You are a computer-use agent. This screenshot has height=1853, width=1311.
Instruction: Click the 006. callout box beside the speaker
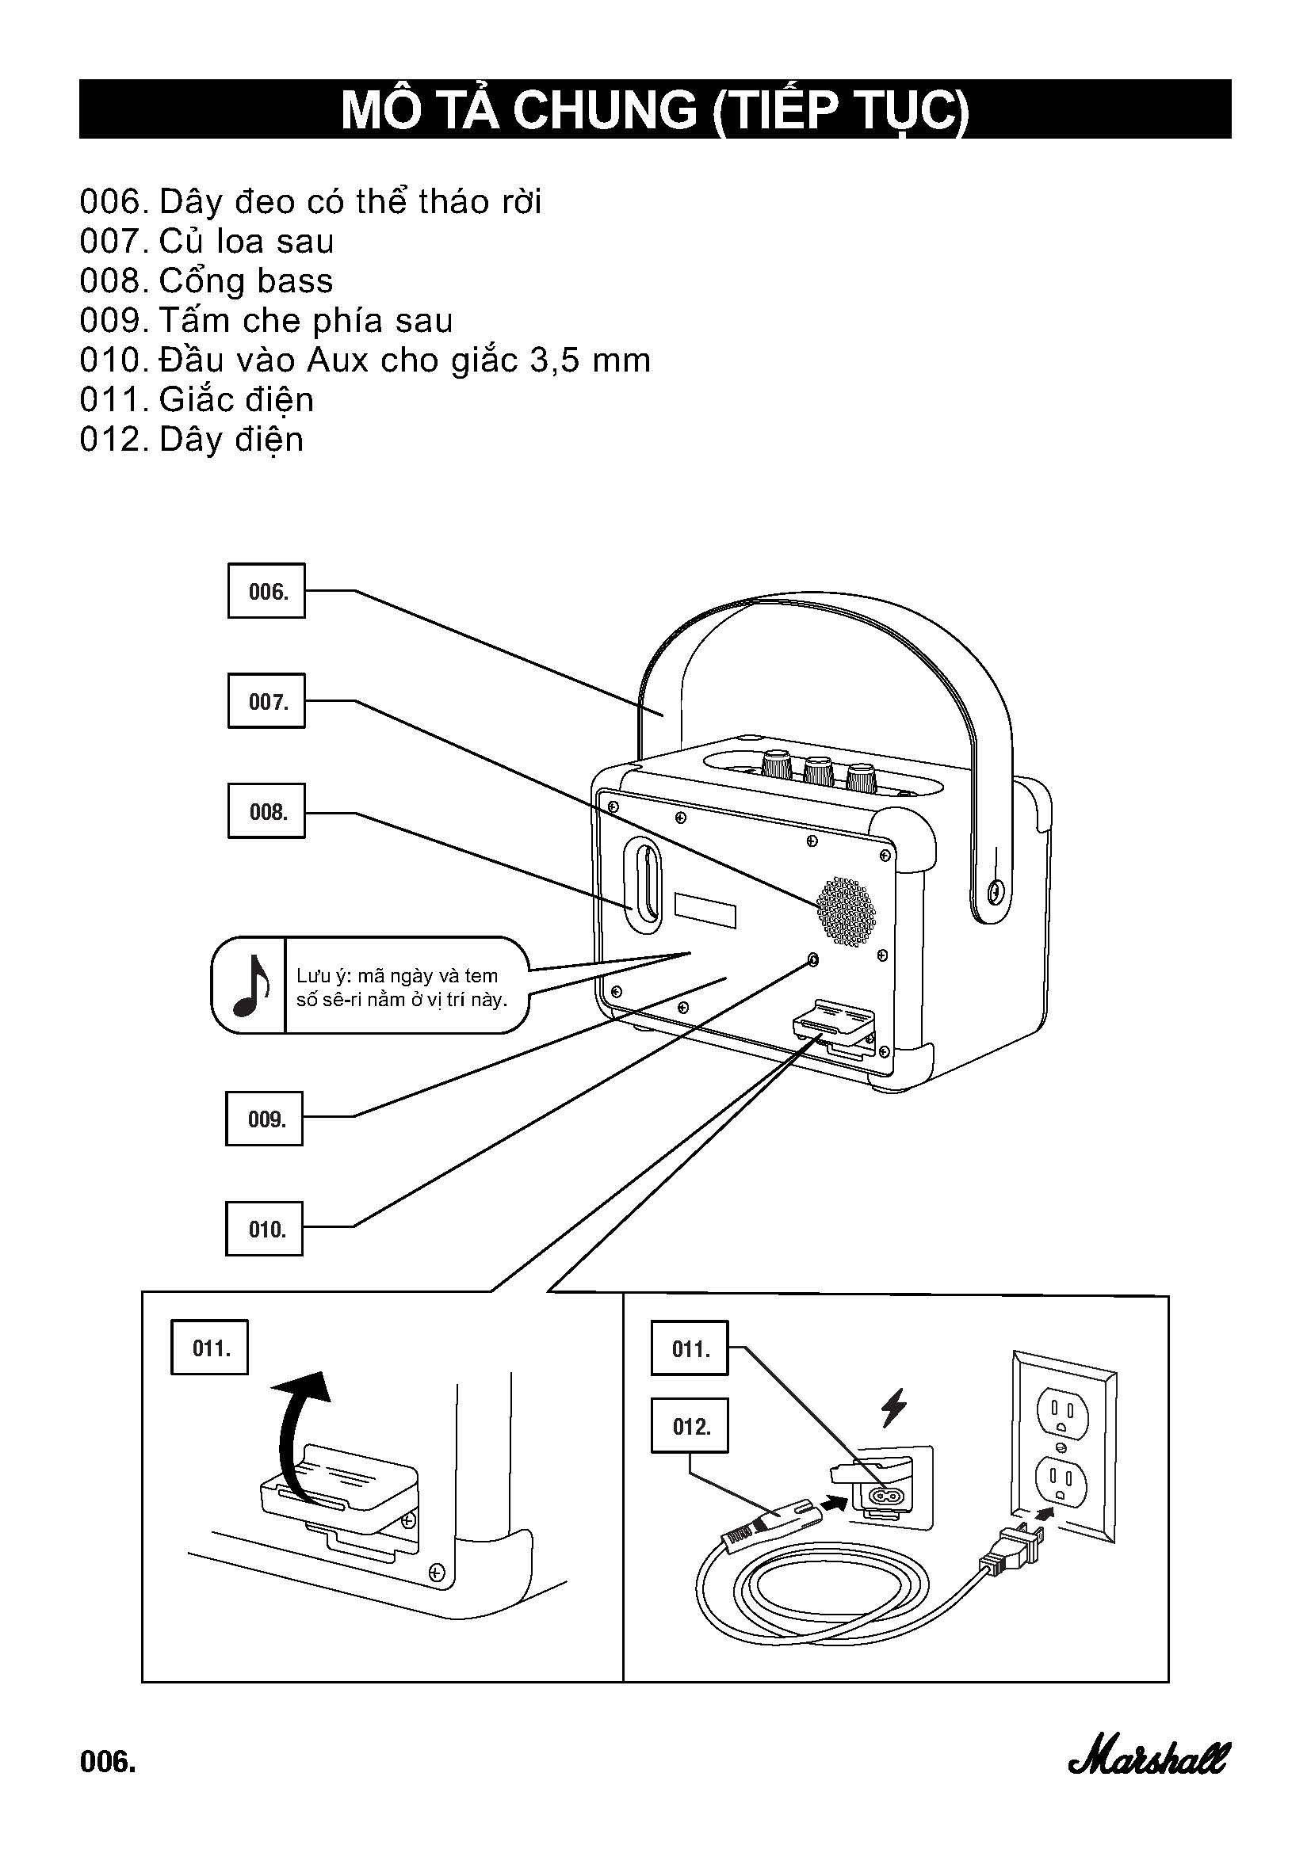click(266, 591)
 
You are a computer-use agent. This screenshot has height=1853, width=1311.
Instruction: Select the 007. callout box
click(266, 700)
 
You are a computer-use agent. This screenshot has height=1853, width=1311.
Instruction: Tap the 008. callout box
click(266, 810)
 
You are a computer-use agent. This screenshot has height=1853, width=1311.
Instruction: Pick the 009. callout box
click(264, 1119)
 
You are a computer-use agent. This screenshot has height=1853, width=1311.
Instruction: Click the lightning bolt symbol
click(892, 1409)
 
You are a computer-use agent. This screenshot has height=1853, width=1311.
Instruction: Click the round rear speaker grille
click(845, 911)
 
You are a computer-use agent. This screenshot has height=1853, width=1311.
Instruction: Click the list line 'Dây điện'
click(231, 439)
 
